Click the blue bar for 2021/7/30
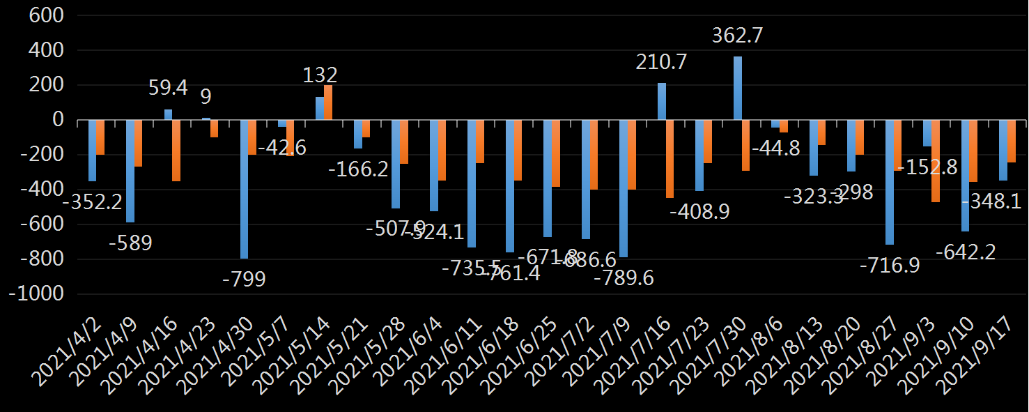(x=738, y=89)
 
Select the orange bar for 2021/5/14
(x=328, y=102)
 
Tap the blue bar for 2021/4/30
(x=245, y=189)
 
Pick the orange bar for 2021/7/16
(x=670, y=159)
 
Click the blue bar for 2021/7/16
(x=662, y=102)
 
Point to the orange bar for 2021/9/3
(x=936, y=161)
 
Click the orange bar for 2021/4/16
(x=176, y=151)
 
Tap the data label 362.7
(x=738, y=36)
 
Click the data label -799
(x=244, y=279)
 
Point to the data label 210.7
(x=661, y=62)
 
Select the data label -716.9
(x=890, y=266)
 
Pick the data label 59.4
(x=168, y=88)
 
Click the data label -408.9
(x=699, y=211)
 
